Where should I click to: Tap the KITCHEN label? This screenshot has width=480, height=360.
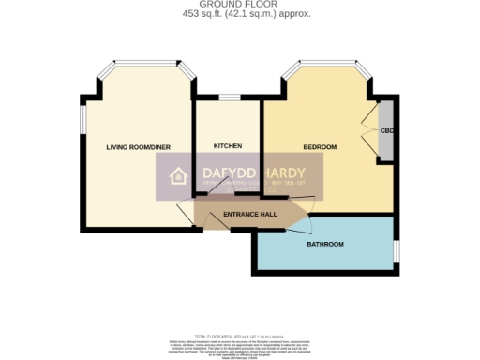point(228,146)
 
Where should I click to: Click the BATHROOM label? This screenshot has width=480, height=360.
point(325,245)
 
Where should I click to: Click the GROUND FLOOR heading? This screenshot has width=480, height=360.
point(240,5)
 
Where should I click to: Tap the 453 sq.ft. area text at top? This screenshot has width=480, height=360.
point(240,14)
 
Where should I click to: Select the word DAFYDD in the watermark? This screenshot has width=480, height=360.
point(231,173)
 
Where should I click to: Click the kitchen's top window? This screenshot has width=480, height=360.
point(228,97)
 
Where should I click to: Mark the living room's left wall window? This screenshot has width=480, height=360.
point(82,120)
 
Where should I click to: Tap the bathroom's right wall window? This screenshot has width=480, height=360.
point(395,251)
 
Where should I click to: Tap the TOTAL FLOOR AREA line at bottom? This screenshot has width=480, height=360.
point(240,335)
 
